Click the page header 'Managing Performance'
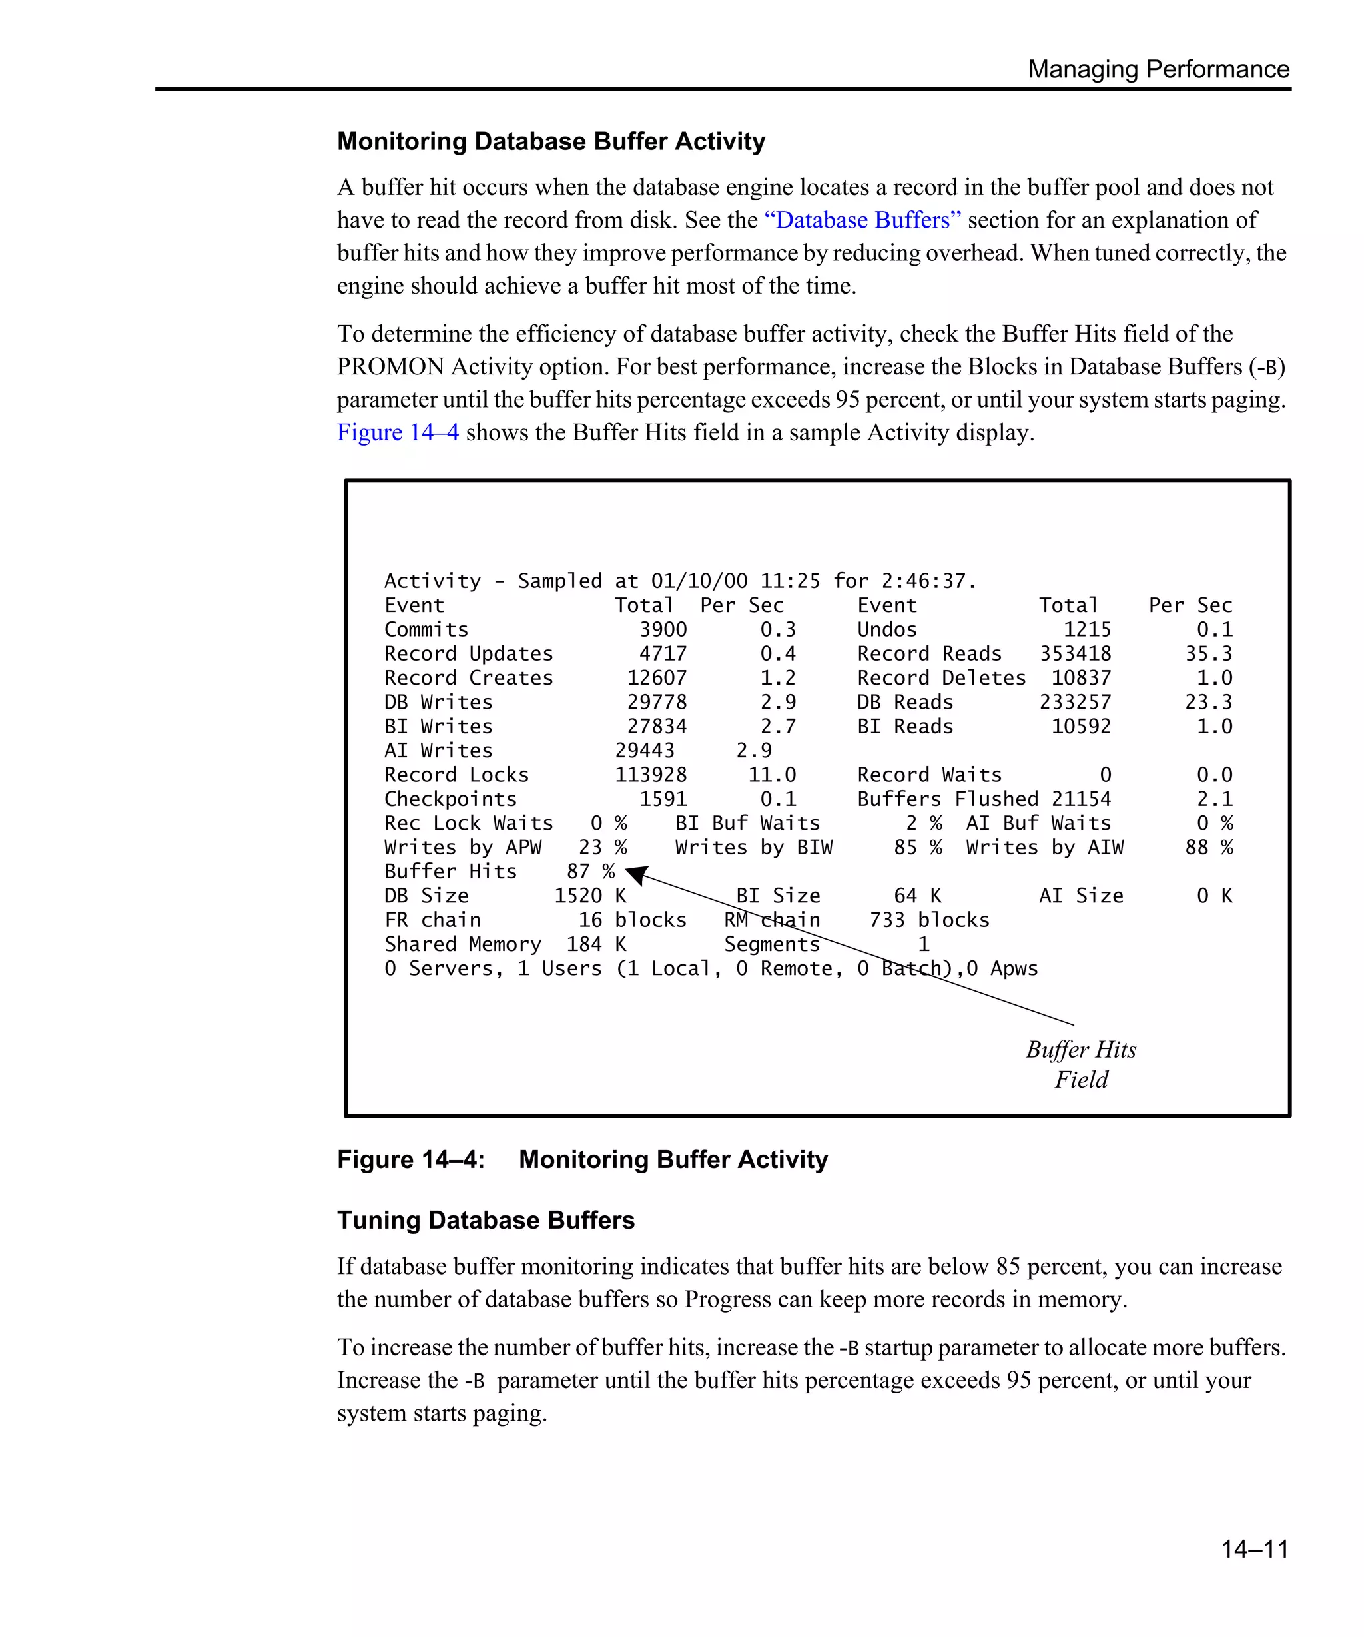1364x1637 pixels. pos(1158,69)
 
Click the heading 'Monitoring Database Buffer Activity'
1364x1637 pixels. pos(550,141)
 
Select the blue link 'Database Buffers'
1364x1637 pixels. pos(861,220)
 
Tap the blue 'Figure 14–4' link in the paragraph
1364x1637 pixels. pos(398,432)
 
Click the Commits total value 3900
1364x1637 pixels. pos(663,629)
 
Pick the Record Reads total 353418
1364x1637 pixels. pos(1075,653)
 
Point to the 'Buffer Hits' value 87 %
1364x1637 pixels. pos(590,872)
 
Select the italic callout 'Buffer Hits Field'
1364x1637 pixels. pos(1080,1064)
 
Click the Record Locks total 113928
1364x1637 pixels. pos(650,774)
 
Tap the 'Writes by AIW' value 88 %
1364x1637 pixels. pos(1208,847)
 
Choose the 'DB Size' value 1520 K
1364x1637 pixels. pos(589,896)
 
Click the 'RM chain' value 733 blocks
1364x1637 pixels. pos(928,920)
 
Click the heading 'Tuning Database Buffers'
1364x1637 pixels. pos(485,1220)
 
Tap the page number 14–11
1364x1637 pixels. pos(1254,1548)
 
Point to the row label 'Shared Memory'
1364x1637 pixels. pos(462,944)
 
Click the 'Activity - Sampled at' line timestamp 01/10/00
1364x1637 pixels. pos(699,581)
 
